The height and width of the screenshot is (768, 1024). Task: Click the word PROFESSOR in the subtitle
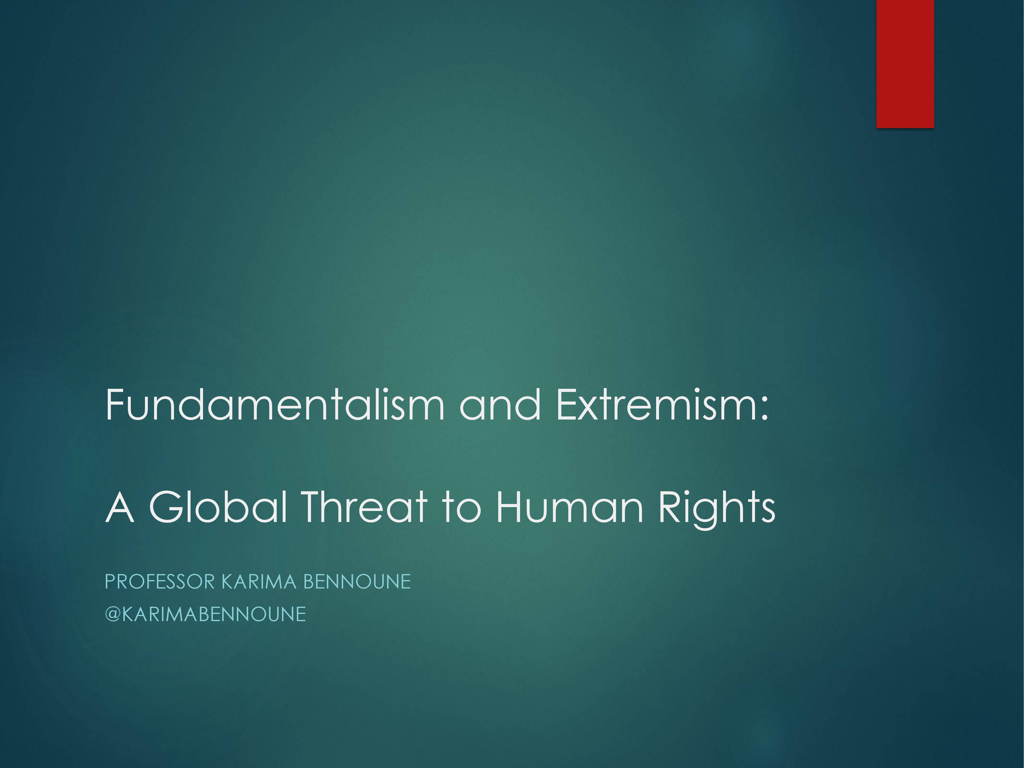160,582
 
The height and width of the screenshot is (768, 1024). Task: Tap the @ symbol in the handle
114,614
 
